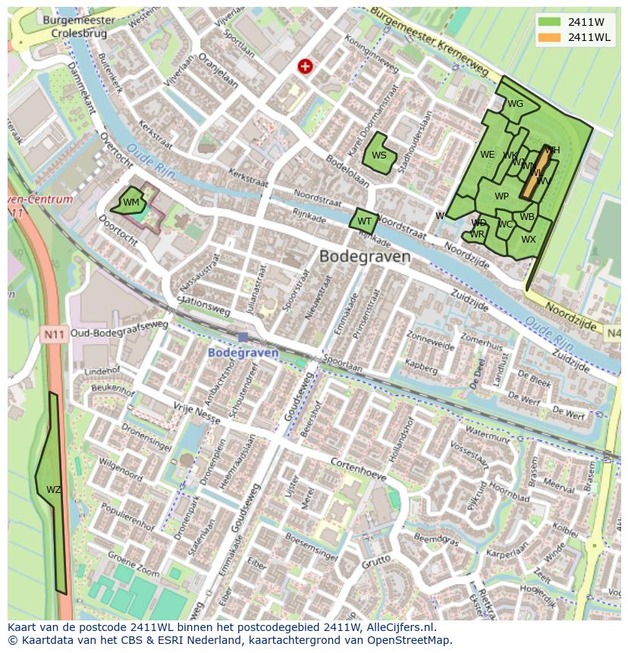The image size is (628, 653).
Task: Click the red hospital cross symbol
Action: (x=306, y=67)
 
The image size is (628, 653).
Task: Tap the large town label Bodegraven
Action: (x=365, y=256)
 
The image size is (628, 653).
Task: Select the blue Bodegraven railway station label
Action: (x=243, y=353)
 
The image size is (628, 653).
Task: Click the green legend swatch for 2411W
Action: (x=549, y=21)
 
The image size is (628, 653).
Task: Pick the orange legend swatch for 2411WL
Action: (x=549, y=37)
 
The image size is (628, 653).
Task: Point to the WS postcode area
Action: (x=378, y=155)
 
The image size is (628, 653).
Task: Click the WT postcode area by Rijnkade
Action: (x=364, y=221)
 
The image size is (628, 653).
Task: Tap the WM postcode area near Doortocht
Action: (x=130, y=202)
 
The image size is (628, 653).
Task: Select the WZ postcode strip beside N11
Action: (x=52, y=489)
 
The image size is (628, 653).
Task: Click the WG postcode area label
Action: (x=515, y=104)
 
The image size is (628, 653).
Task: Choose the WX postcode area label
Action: (x=528, y=240)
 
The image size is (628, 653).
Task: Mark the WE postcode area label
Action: (x=487, y=155)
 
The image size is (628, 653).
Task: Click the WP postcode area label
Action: (x=501, y=196)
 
